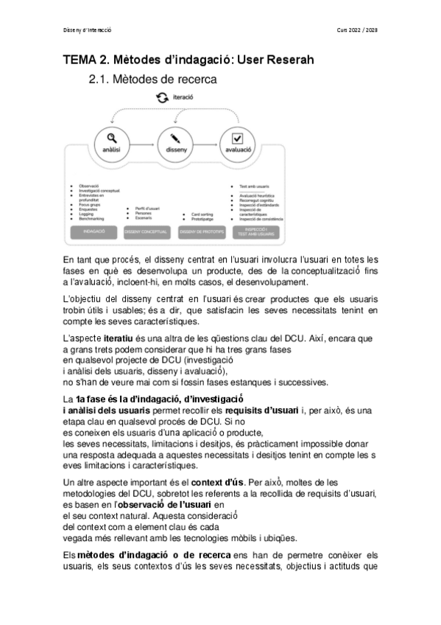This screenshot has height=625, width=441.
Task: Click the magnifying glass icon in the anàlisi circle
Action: point(111,137)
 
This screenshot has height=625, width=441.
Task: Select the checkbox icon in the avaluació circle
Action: point(237,137)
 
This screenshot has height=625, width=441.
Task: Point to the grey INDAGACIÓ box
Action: point(94,232)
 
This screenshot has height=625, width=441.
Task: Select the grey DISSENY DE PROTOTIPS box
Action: point(201,232)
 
